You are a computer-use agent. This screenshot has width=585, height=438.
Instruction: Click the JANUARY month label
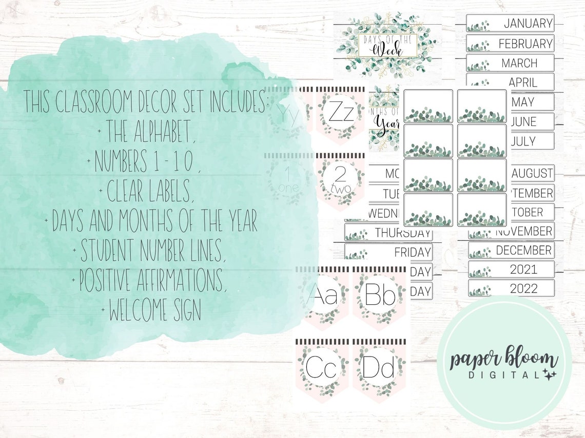coord(510,23)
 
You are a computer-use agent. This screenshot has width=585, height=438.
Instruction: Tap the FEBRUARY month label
coord(510,43)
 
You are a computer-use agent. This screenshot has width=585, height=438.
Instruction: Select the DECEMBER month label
coord(511,250)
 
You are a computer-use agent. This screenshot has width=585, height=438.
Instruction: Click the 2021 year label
coord(511,269)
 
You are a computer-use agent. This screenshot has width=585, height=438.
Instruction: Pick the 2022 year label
coord(511,288)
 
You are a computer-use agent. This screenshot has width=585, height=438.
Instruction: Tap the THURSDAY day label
coord(388,233)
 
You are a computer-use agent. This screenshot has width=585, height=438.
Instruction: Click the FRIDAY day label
coord(388,252)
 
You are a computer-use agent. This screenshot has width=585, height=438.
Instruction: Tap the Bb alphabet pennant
coord(379,297)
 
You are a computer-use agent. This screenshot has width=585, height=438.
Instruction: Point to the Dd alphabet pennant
coord(379,368)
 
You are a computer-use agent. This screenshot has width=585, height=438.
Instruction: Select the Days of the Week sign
coord(388,43)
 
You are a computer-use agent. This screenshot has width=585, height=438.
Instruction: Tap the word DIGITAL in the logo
coord(495,376)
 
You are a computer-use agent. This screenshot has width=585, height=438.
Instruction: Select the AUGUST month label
coord(532,173)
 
